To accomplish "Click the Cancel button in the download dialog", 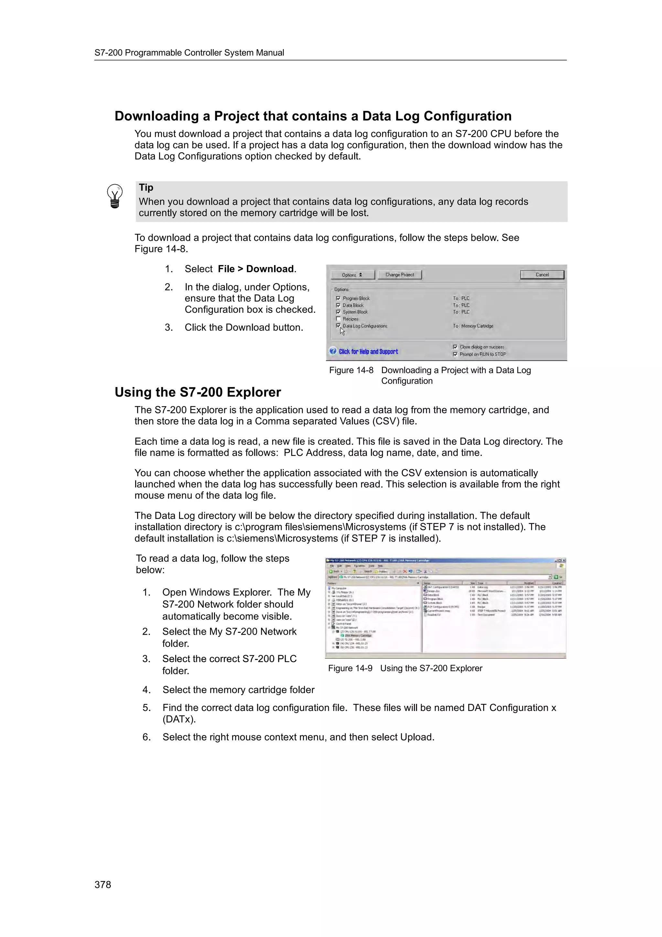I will pos(542,275).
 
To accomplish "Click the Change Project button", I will pos(399,275).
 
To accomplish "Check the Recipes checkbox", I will pos(338,319).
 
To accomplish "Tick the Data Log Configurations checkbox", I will pos(338,326).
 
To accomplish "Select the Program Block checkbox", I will pos(338,298).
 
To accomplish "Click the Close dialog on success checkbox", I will pos(455,347).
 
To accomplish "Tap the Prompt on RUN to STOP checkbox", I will pos(455,354).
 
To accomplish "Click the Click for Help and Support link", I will pos(368,351).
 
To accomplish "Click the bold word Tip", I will pos(146,188).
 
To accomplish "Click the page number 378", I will pos(103,884).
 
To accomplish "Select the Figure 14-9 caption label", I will pos(350,668).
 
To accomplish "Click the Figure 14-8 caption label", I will pos(351,370).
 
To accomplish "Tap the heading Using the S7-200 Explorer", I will pos(198,392).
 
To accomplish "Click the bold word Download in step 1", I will pos(270,269).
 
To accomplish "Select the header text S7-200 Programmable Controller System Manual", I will pos(189,53).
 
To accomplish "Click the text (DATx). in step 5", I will pos(179,719).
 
